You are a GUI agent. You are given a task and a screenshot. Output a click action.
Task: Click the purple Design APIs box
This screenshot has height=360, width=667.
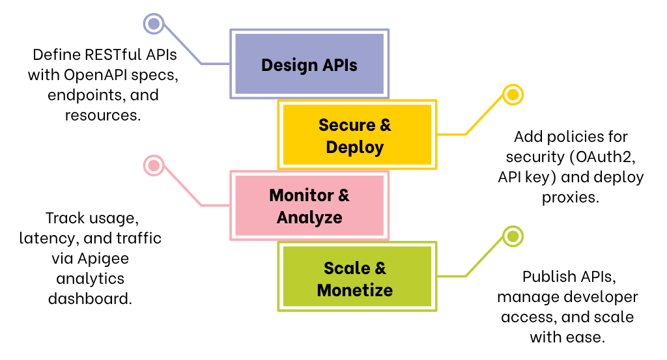point(309,64)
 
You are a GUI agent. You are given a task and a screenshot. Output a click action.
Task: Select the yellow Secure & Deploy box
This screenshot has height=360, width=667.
point(355,135)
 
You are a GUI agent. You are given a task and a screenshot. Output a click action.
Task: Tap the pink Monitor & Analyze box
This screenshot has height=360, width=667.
point(309,206)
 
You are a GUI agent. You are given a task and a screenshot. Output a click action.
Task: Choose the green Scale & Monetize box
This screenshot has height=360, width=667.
point(355,278)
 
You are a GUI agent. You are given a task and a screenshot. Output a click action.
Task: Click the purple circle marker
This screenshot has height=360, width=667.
point(154,24)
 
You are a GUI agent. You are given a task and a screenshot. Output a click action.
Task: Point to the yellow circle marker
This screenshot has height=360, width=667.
point(513,95)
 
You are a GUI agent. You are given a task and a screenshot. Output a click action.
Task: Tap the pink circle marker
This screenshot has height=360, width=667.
point(154,165)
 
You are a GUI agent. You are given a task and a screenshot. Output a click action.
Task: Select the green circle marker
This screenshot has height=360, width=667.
point(513,236)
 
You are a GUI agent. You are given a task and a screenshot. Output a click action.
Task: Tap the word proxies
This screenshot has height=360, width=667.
point(570,197)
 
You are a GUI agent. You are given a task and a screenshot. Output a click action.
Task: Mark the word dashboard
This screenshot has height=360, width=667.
point(90,299)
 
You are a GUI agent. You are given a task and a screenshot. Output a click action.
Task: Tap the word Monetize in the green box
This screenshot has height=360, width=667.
point(355,290)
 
